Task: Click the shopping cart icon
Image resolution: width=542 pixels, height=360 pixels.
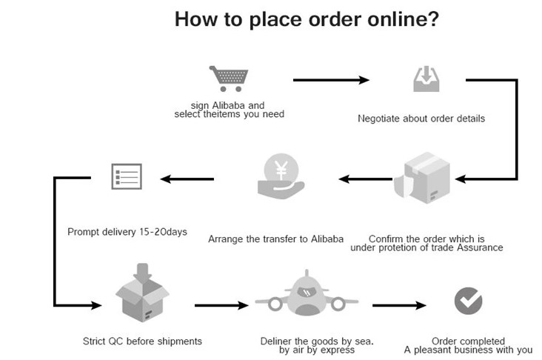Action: (228, 79)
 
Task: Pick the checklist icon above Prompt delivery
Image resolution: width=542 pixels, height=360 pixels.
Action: (125, 176)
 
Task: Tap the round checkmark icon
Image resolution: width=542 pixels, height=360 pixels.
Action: (468, 300)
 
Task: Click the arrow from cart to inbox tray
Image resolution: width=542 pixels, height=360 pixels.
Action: (332, 79)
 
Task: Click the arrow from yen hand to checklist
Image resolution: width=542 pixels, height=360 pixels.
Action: (187, 178)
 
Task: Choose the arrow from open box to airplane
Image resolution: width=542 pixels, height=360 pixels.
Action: (222, 304)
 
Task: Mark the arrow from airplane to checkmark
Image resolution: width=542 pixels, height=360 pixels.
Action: (400, 304)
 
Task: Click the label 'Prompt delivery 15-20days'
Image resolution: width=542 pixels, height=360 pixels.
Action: (127, 232)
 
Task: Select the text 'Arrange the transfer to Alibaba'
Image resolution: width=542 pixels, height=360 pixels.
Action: (276, 239)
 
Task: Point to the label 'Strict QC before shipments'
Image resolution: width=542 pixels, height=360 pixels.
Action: (143, 341)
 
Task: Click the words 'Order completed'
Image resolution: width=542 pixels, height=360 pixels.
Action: (468, 341)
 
